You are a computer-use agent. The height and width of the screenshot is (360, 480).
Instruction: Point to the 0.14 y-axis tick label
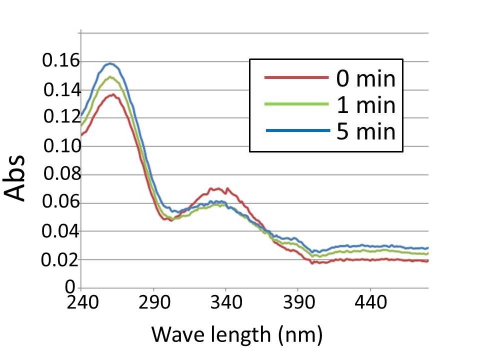click(61, 91)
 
